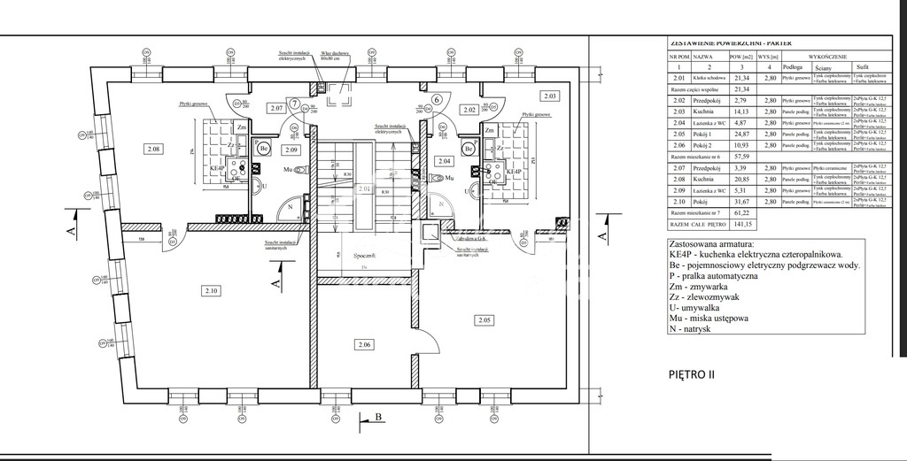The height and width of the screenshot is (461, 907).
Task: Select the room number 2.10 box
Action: click(x=210, y=290)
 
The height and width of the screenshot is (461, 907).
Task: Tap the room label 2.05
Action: click(x=484, y=319)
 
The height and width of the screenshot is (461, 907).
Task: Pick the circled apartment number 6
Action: click(x=437, y=99)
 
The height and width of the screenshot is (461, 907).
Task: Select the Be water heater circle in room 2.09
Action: click(x=264, y=148)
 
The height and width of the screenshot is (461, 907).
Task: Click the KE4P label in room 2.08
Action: click(x=217, y=168)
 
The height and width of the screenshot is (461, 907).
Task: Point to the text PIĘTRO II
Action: click(x=691, y=374)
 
